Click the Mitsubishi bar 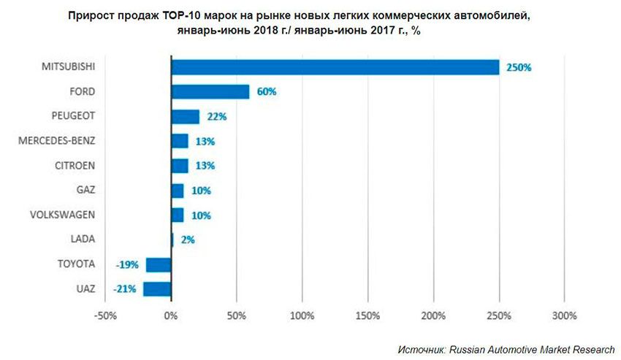335,67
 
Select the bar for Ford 210,92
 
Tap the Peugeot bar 186,117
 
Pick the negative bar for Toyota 159,264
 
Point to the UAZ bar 157,289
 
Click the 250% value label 520,67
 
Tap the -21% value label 124,289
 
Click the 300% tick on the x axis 565,316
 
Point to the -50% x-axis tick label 105,316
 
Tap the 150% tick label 367,316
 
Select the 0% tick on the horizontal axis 170,316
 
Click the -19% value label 126,264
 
